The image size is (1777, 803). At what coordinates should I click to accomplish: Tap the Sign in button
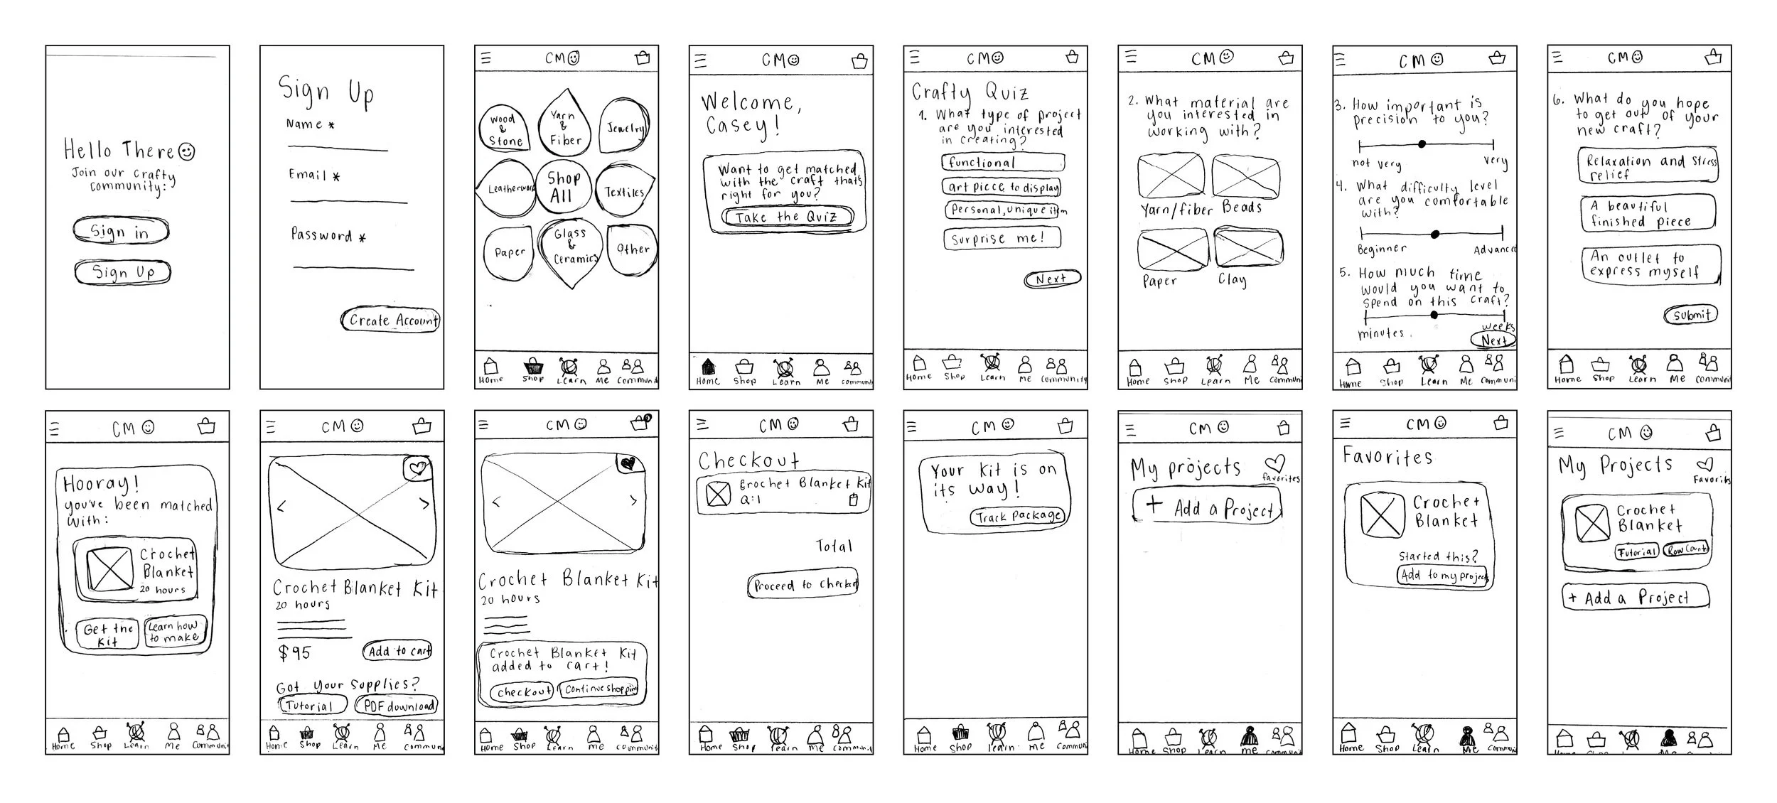pyautogui.click(x=121, y=231)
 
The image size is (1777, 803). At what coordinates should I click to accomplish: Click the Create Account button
pyautogui.click(x=391, y=320)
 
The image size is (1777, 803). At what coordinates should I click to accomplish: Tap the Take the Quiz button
pyautogui.click(x=786, y=217)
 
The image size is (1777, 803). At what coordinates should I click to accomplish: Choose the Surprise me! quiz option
pyautogui.click(x=1002, y=239)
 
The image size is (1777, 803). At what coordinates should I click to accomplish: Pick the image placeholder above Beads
pyautogui.click(x=1245, y=176)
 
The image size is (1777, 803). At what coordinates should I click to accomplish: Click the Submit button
pyautogui.click(x=1691, y=315)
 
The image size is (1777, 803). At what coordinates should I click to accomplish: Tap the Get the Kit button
pyautogui.click(x=108, y=635)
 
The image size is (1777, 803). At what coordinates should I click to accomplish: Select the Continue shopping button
pyautogui.click(x=599, y=688)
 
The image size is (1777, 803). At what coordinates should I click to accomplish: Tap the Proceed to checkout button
pyautogui.click(x=803, y=585)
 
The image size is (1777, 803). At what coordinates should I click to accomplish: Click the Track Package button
pyautogui.click(x=1018, y=517)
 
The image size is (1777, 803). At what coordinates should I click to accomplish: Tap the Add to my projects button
pyautogui.click(x=1443, y=575)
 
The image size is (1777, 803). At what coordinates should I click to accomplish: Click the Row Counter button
pyautogui.click(x=1686, y=549)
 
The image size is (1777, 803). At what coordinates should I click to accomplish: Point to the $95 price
pyautogui.click(x=294, y=652)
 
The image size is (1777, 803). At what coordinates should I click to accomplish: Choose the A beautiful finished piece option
pyautogui.click(x=1648, y=213)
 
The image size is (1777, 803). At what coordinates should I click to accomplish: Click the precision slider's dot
pyautogui.click(x=1422, y=144)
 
